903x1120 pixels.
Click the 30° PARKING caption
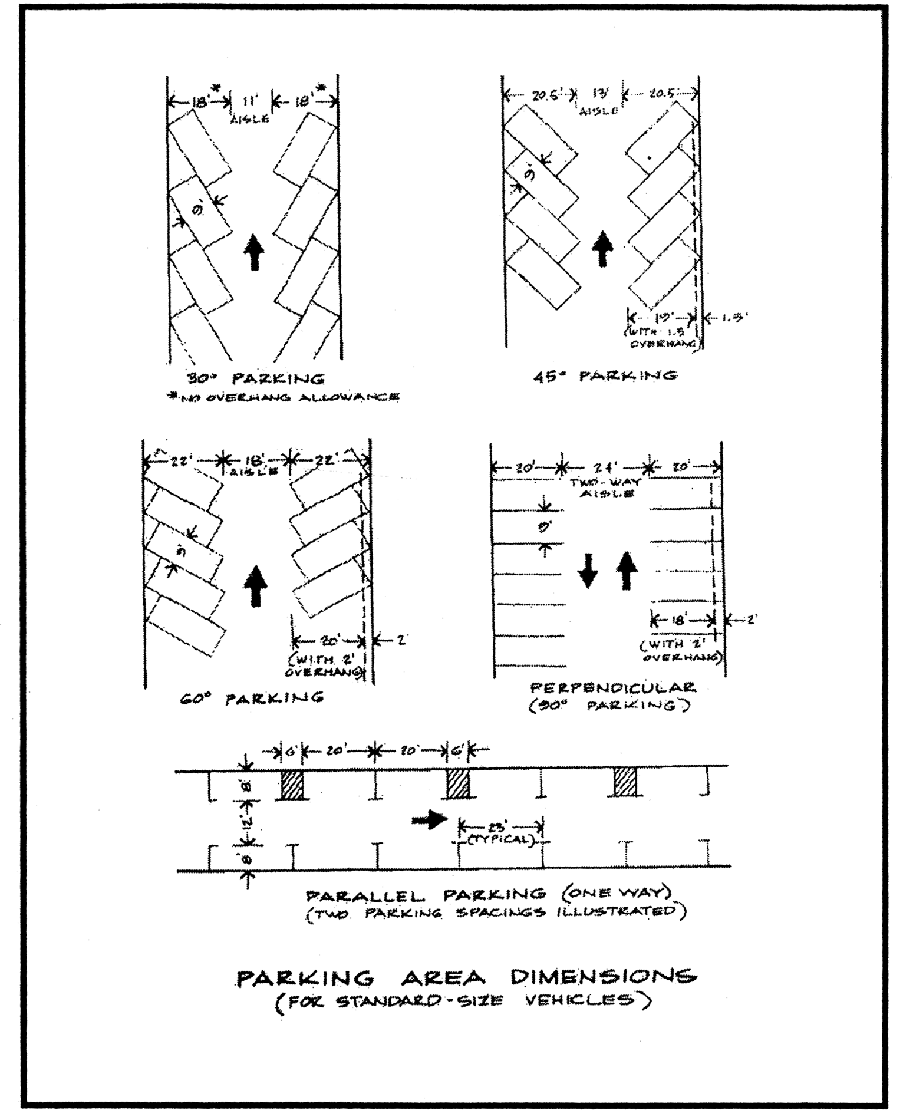tap(255, 378)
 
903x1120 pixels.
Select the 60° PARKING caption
tap(252, 699)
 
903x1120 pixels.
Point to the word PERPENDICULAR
tap(613, 687)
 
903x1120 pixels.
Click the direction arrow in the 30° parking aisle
tap(255, 252)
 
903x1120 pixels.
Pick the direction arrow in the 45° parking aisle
tap(602, 248)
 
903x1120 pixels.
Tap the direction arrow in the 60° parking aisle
tap(255, 585)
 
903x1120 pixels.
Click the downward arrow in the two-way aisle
tap(588, 571)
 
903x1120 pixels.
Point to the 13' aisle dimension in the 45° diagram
tap(599, 95)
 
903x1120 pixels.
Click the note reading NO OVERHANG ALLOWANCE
tap(284, 397)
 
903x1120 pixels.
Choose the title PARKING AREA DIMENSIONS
tap(466, 977)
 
